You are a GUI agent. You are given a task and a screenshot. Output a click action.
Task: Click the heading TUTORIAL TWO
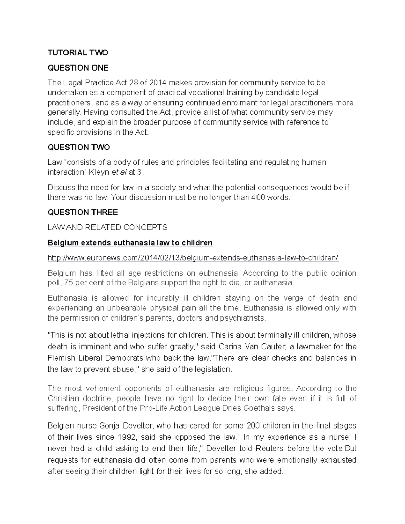pos(78,52)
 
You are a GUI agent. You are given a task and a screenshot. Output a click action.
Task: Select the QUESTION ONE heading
pos(78,68)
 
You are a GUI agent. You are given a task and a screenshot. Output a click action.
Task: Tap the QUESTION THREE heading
pos(83,212)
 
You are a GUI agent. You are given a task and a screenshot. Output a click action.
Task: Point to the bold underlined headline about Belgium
pos(130,243)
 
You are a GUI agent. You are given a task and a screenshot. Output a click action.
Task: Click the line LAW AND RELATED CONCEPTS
pos(107,227)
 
